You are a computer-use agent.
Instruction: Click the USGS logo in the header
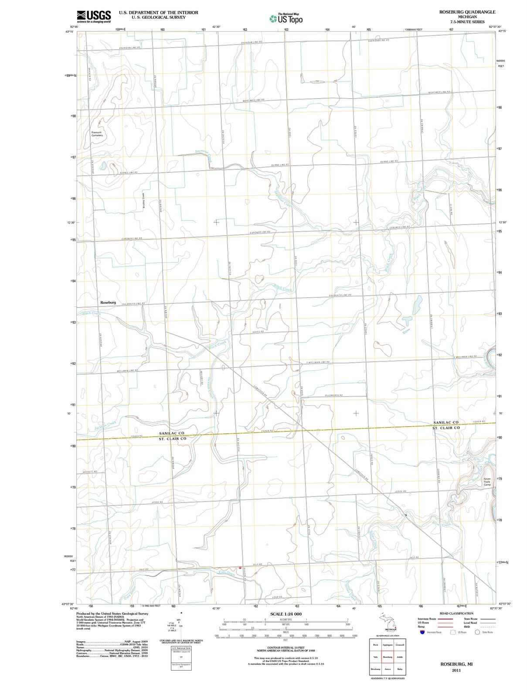tap(93, 16)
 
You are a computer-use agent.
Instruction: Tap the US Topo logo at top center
tap(286, 19)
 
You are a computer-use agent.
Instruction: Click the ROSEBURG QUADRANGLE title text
tap(467, 12)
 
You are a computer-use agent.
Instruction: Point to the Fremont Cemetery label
tap(97, 133)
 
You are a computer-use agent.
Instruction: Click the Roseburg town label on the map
tap(108, 302)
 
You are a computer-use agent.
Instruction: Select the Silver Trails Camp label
tap(487, 482)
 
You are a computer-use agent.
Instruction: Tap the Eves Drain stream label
tap(227, 573)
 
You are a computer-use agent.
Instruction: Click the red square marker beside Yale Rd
tap(240, 568)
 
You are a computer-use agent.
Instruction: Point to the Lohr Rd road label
tap(278, 597)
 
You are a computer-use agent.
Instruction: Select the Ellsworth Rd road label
tap(334, 395)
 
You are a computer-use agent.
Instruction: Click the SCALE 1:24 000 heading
tap(286, 614)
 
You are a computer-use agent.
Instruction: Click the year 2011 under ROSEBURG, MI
tap(456, 670)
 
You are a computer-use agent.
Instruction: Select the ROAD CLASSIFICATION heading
tap(456, 613)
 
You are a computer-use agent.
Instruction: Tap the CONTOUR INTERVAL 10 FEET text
tap(286, 647)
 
